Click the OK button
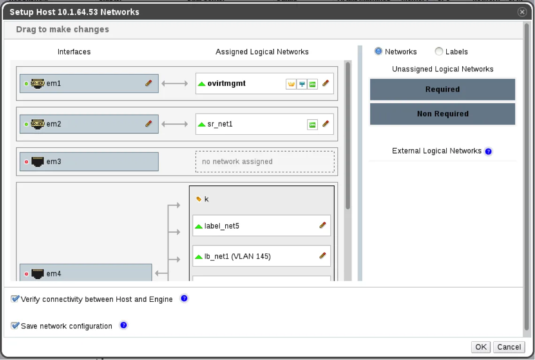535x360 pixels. [x=481, y=347]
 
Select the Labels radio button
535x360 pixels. [x=439, y=52]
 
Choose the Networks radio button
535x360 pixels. [x=378, y=52]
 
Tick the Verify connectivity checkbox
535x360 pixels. [x=15, y=299]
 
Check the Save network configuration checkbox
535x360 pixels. [x=15, y=326]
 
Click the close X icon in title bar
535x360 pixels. [x=522, y=12]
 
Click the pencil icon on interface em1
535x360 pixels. [x=148, y=83]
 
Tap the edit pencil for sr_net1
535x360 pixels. [x=326, y=124]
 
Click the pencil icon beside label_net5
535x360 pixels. [x=322, y=225]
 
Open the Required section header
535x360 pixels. [x=443, y=89]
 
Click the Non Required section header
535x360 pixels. [x=443, y=114]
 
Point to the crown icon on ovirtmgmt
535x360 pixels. [x=291, y=84]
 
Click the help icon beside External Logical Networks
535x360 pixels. [x=488, y=151]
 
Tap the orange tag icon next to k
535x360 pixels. [x=199, y=199]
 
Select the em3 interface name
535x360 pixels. [x=53, y=161]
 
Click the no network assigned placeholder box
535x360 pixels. [x=265, y=161]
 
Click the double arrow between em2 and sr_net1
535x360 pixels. [x=175, y=124]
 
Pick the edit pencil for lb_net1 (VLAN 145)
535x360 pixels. [x=322, y=256]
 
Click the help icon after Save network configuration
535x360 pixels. [x=123, y=325]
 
